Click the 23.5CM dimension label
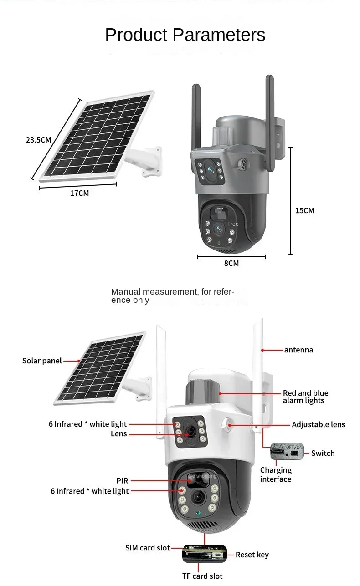point(38,140)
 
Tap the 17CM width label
point(80,194)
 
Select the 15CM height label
point(304,211)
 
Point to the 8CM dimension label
point(231,264)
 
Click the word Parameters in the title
point(219,35)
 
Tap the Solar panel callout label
point(42,361)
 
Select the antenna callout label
point(299,350)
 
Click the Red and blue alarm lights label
point(305,397)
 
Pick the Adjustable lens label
point(319,424)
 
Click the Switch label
point(323,453)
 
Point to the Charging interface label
point(276,474)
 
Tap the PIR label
point(122,481)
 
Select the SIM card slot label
point(147,548)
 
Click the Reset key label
point(252,555)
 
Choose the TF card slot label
point(202,576)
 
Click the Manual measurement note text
point(173,296)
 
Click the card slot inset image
point(205,554)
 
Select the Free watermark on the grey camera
point(233,224)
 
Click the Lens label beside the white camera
point(118,434)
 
